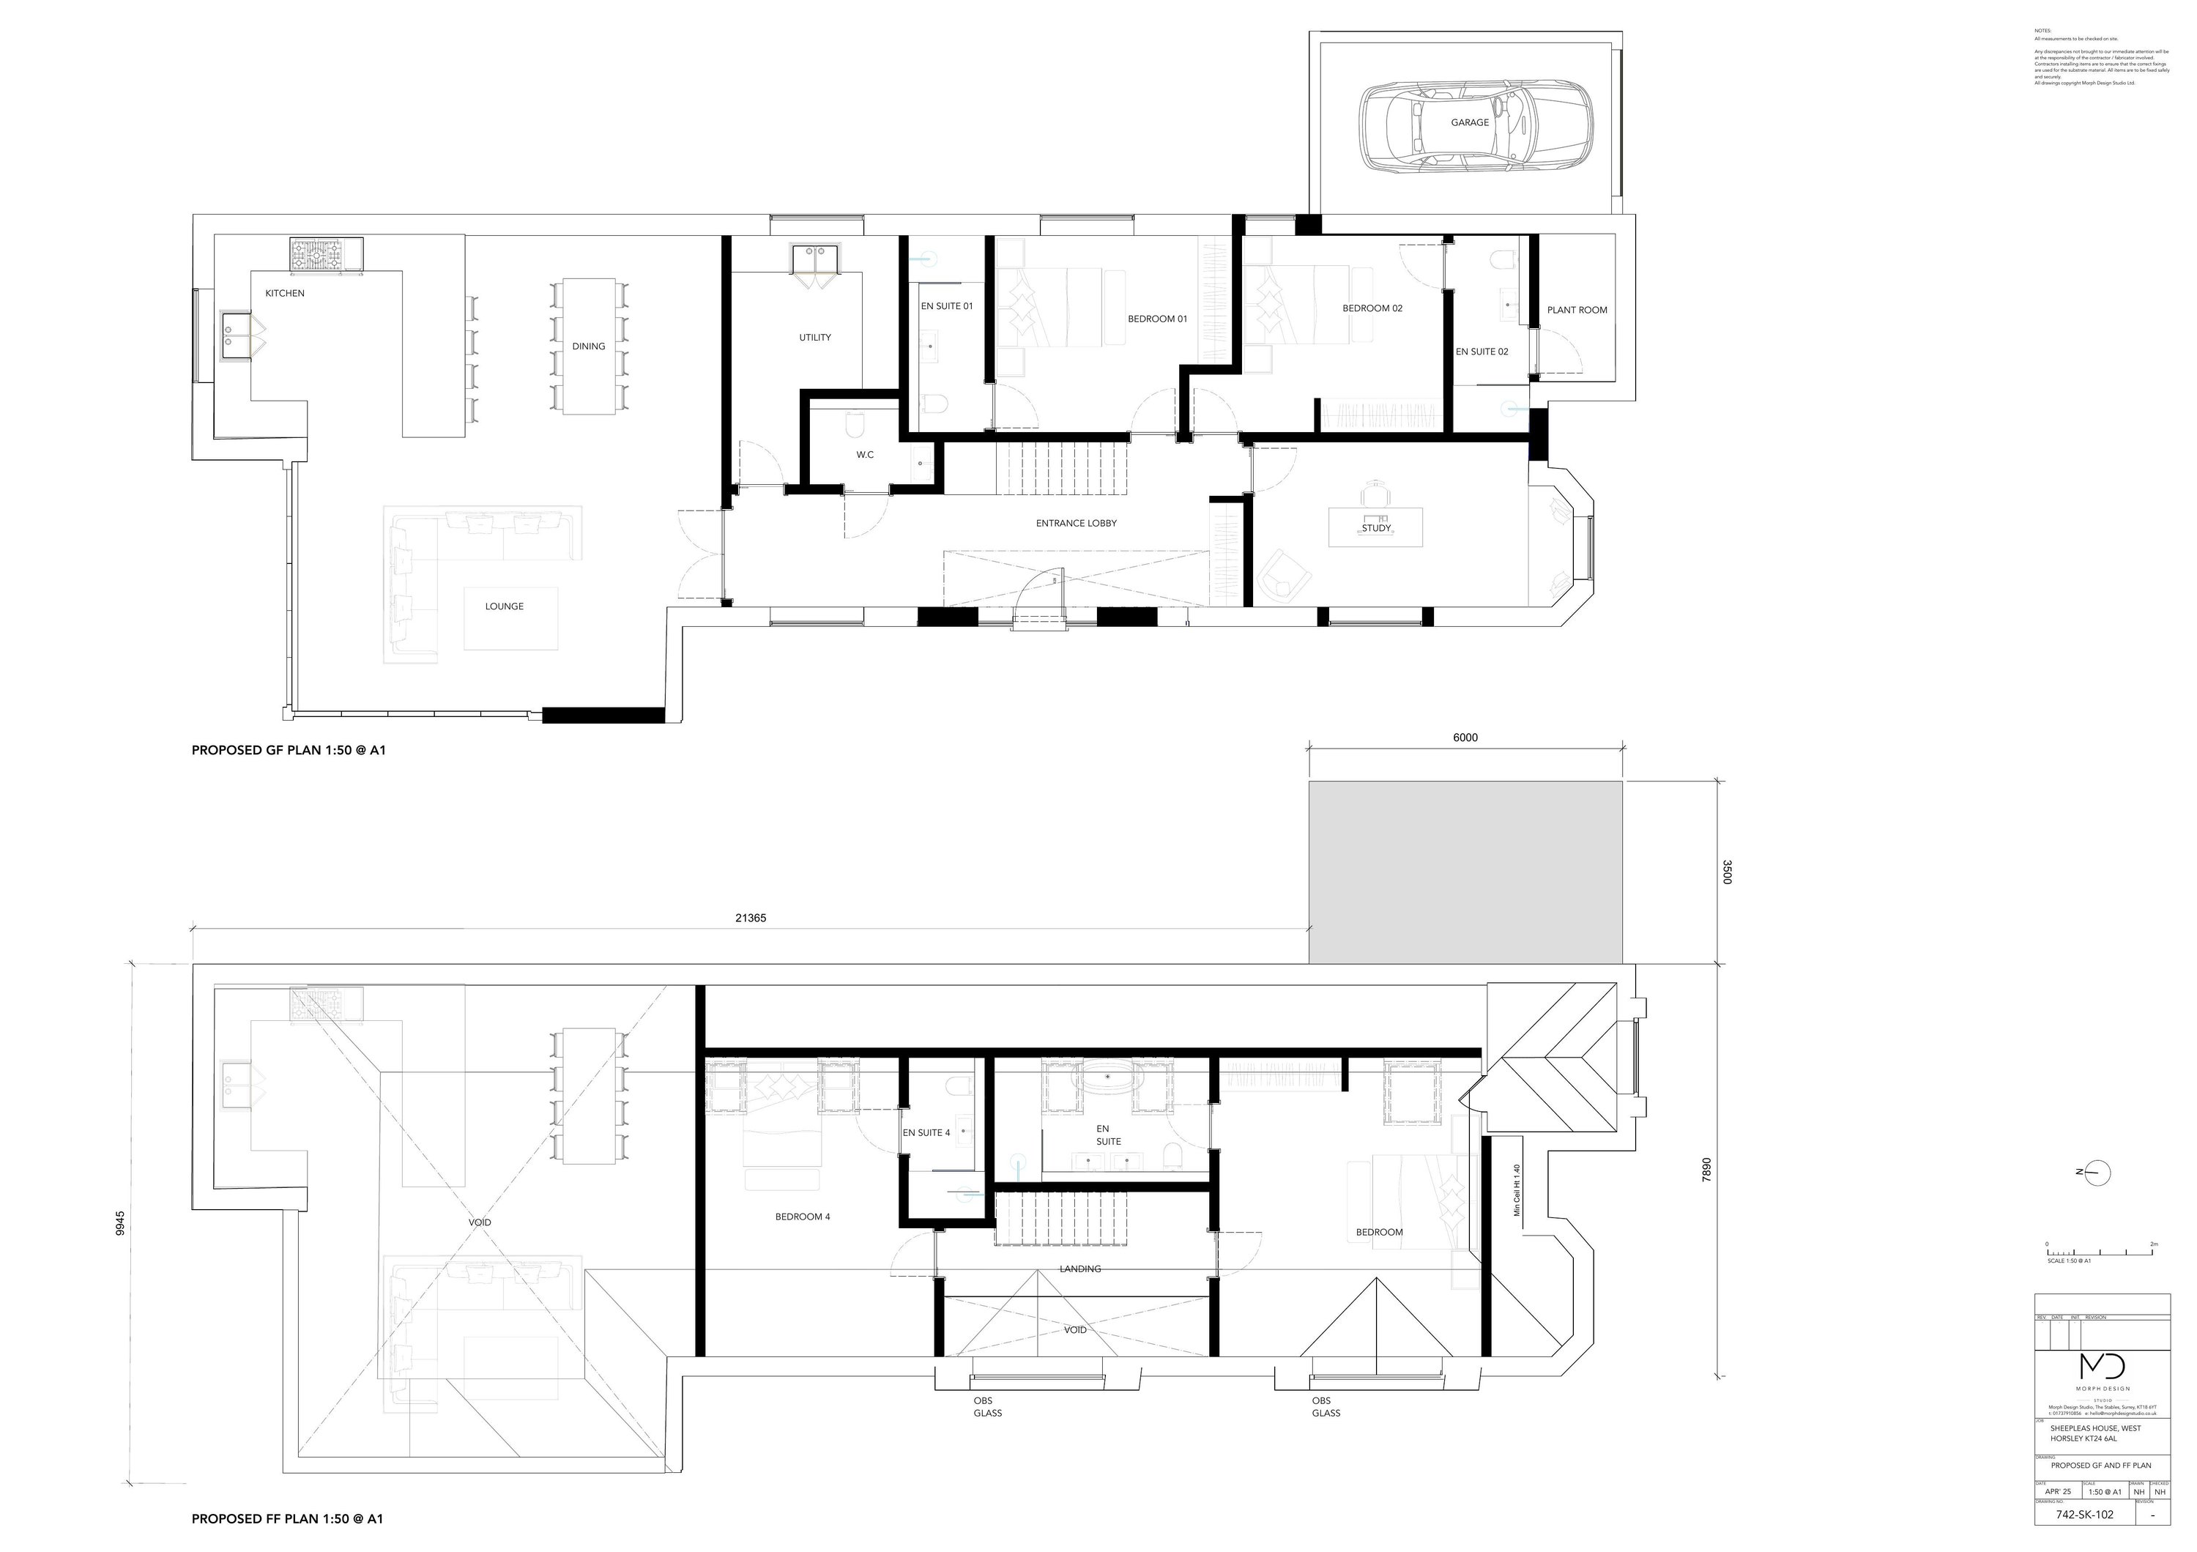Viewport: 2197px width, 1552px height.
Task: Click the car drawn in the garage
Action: click(x=1476, y=125)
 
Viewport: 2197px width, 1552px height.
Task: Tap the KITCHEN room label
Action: click(x=285, y=294)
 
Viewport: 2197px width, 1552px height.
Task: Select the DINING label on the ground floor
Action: click(x=589, y=346)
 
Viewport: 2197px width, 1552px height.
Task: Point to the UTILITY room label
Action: click(x=815, y=338)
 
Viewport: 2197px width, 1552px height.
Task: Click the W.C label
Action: click(x=865, y=455)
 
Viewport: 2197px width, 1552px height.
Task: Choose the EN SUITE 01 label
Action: click(x=946, y=306)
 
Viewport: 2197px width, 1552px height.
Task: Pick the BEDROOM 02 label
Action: click(x=1372, y=308)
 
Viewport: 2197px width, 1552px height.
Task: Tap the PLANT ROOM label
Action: click(x=1577, y=310)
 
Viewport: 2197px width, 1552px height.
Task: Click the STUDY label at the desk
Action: click(x=1376, y=528)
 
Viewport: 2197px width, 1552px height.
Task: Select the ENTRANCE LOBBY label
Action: click(x=1077, y=524)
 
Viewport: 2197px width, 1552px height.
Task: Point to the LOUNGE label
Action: click(x=505, y=606)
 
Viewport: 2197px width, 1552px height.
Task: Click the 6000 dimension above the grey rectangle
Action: click(x=1465, y=738)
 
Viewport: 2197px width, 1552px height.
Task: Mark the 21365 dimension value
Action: click(x=750, y=918)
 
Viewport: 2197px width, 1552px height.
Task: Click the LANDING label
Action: click(x=1080, y=1269)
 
